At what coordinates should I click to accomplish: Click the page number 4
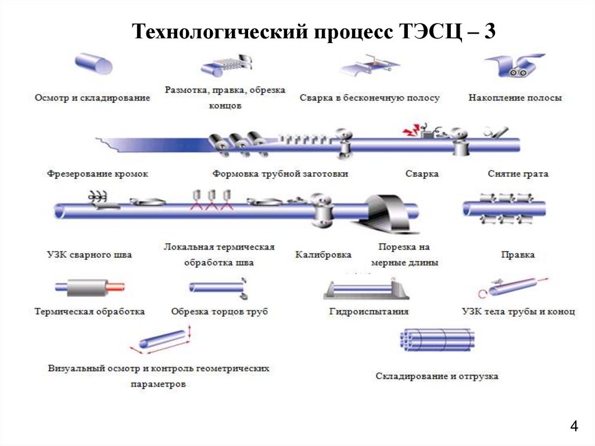pos(574,427)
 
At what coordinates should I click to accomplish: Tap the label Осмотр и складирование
pos(92,98)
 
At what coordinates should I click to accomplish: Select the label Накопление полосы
pos(515,98)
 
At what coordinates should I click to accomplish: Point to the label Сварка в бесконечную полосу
pos(370,98)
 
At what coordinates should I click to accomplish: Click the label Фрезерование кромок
pos(98,174)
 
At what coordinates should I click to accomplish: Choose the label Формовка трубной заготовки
pos(280,174)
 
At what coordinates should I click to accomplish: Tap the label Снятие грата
pos(518,174)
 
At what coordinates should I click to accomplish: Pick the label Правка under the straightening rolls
pos(518,255)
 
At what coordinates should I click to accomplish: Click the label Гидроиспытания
pos(369,312)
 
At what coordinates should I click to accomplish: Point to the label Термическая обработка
pos(89,312)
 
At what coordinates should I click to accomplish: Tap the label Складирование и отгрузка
pos(437,376)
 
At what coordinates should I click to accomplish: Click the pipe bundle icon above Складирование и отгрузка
pos(437,340)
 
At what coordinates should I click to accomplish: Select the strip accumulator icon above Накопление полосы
pos(514,65)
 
